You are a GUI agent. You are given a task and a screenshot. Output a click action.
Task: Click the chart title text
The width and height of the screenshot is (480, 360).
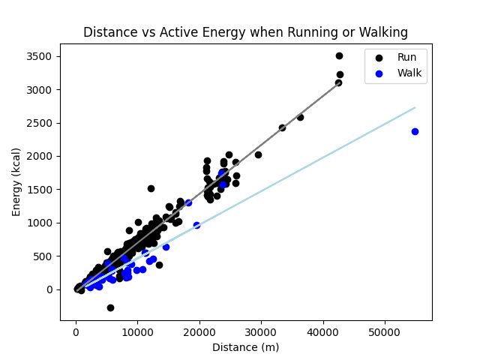coord(245,32)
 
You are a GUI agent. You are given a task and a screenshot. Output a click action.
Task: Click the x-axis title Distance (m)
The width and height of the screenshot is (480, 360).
coord(245,347)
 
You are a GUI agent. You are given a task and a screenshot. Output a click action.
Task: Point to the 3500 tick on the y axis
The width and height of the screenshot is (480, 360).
coord(39,57)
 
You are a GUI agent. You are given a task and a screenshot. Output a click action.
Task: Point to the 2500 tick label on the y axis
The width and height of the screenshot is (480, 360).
coord(39,123)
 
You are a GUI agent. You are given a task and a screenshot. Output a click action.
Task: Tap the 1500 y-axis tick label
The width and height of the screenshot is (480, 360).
coord(39,190)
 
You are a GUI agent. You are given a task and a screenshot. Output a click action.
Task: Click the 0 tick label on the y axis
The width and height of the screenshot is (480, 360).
coord(49,289)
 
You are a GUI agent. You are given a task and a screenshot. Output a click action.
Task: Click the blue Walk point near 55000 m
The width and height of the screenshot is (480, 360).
coord(415,131)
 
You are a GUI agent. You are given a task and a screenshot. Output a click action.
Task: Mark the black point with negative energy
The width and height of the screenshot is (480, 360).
coord(110,307)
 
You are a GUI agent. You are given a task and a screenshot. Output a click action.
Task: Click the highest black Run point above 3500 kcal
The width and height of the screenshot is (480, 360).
coord(339,55)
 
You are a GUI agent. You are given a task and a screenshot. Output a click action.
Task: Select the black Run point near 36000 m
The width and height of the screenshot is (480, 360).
coord(300,117)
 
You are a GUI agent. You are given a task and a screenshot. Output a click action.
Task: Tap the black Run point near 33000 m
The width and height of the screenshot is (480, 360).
coord(282,127)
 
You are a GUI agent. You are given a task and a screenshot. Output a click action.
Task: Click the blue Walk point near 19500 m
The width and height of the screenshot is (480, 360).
coord(196,225)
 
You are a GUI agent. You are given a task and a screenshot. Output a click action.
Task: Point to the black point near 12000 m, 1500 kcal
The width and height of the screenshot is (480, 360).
coord(151,188)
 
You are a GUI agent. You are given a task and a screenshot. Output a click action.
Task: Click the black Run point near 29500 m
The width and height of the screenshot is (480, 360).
coord(258,154)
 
